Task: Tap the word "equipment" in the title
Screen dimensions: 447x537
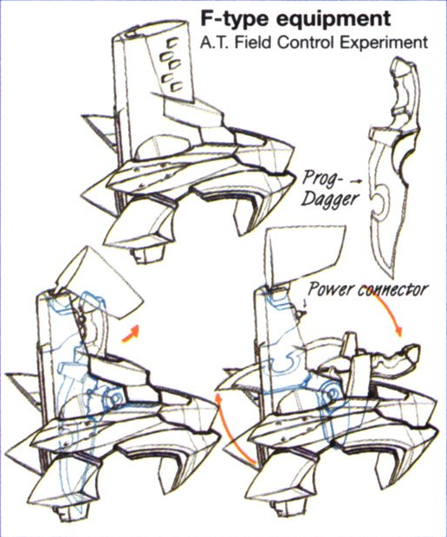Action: (334, 19)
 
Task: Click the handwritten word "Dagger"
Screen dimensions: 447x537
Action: (329, 199)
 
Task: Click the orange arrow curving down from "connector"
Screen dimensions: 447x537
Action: (389, 312)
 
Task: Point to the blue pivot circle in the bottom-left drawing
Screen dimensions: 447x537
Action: (116, 397)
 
